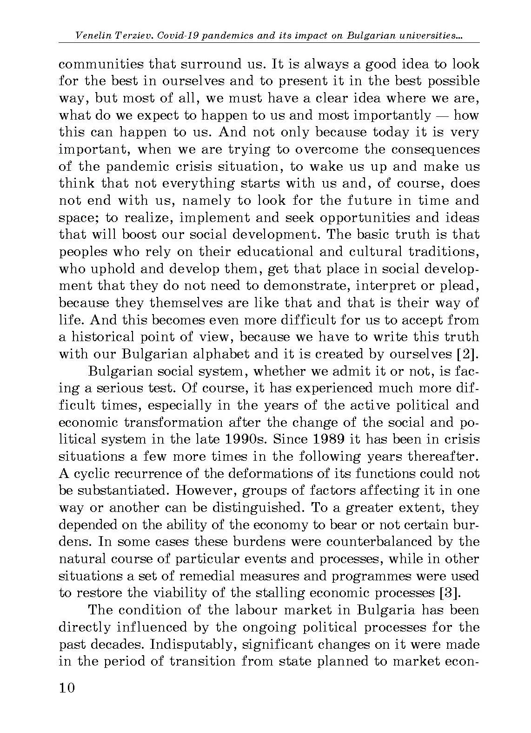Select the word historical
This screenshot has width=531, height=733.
pos(102,336)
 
